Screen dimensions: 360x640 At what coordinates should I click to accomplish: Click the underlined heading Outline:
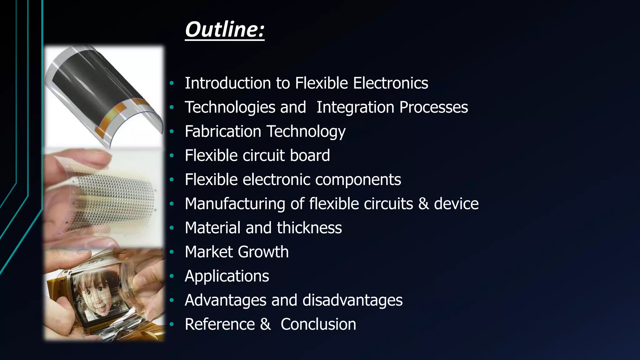tap(225, 30)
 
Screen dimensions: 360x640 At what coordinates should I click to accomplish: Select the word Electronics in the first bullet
tap(390, 83)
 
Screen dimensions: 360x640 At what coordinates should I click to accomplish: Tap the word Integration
tap(355, 107)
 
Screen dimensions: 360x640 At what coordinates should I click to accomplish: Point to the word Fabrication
tap(223, 131)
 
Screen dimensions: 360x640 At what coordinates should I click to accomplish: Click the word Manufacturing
tap(235, 204)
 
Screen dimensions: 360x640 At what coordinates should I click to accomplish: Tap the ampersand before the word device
tap(423, 204)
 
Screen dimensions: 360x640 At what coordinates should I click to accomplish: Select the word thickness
tap(309, 228)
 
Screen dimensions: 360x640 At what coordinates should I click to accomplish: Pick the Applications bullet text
tap(227, 276)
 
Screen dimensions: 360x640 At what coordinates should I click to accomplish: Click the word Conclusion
tap(318, 324)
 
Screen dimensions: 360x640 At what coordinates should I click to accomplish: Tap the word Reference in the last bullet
tap(220, 324)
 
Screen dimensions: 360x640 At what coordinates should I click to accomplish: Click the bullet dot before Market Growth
tap(171, 252)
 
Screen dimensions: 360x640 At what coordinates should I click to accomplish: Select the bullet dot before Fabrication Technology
tap(171, 132)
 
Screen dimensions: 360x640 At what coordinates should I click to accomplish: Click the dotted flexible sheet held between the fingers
tap(109, 200)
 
